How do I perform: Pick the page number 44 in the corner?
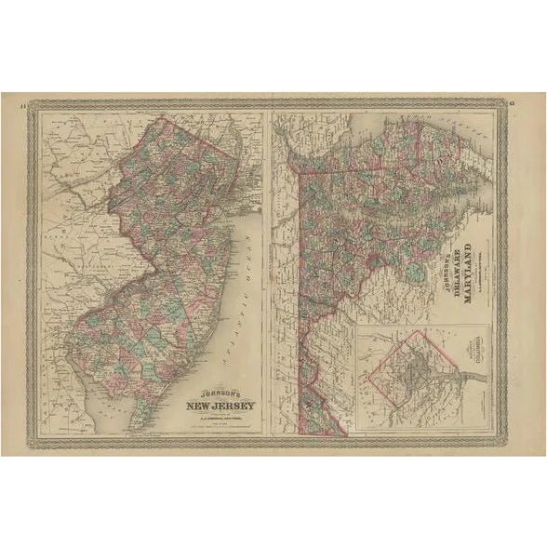[x=23, y=103]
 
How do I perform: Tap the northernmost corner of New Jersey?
[x=162, y=118]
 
